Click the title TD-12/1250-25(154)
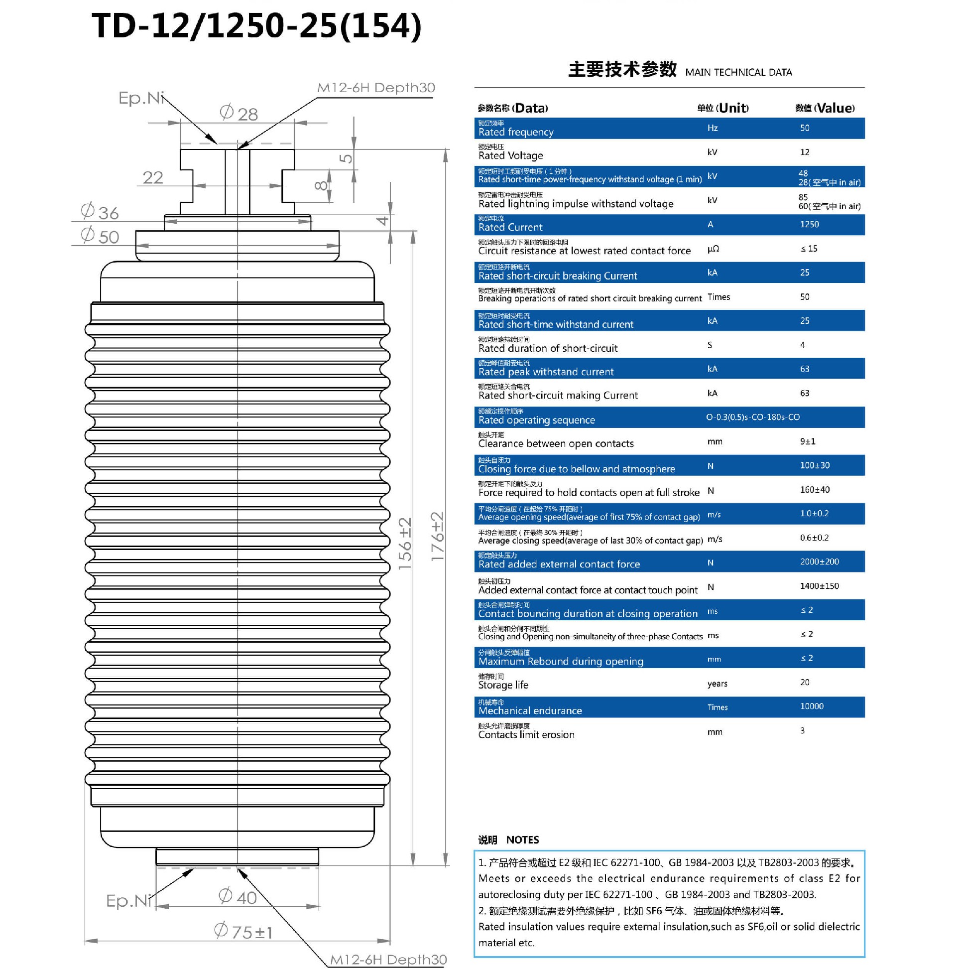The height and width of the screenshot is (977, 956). pyautogui.click(x=256, y=26)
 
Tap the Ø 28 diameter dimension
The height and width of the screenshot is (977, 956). pyautogui.click(x=239, y=113)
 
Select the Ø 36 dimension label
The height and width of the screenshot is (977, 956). pyautogui.click(x=100, y=212)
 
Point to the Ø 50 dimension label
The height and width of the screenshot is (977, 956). pyautogui.click(x=100, y=236)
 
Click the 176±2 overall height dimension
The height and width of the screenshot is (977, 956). pyautogui.click(x=437, y=536)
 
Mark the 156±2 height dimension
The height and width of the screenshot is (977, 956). pyautogui.click(x=405, y=544)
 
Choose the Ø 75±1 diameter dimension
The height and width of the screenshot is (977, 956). pyautogui.click(x=243, y=931)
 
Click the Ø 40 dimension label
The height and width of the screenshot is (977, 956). pyautogui.click(x=238, y=897)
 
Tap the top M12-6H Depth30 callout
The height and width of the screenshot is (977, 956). pyautogui.click(x=375, y=88)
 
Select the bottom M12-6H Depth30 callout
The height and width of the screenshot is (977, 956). pyautogui.click(x=387, y=960)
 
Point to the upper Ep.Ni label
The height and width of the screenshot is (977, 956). pyautogui.click(x=141, y=98)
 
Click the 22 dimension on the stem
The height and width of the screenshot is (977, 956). pyautogui.click(x=153, y=177)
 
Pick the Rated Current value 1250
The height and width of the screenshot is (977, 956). pyautogui.click(x=809, y=225)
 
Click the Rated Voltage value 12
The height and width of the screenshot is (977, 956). pyautogui.click(x=804, y=152)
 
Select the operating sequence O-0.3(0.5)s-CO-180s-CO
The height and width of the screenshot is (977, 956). pyautogui.click(x=752, y=417)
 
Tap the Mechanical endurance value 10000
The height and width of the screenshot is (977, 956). pyautogui.click(x=812, y=706)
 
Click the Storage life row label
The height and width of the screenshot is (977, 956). pyautogui.click(x=502, y=685)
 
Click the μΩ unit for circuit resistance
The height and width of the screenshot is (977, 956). pyautogui.click(x=713, y=249)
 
